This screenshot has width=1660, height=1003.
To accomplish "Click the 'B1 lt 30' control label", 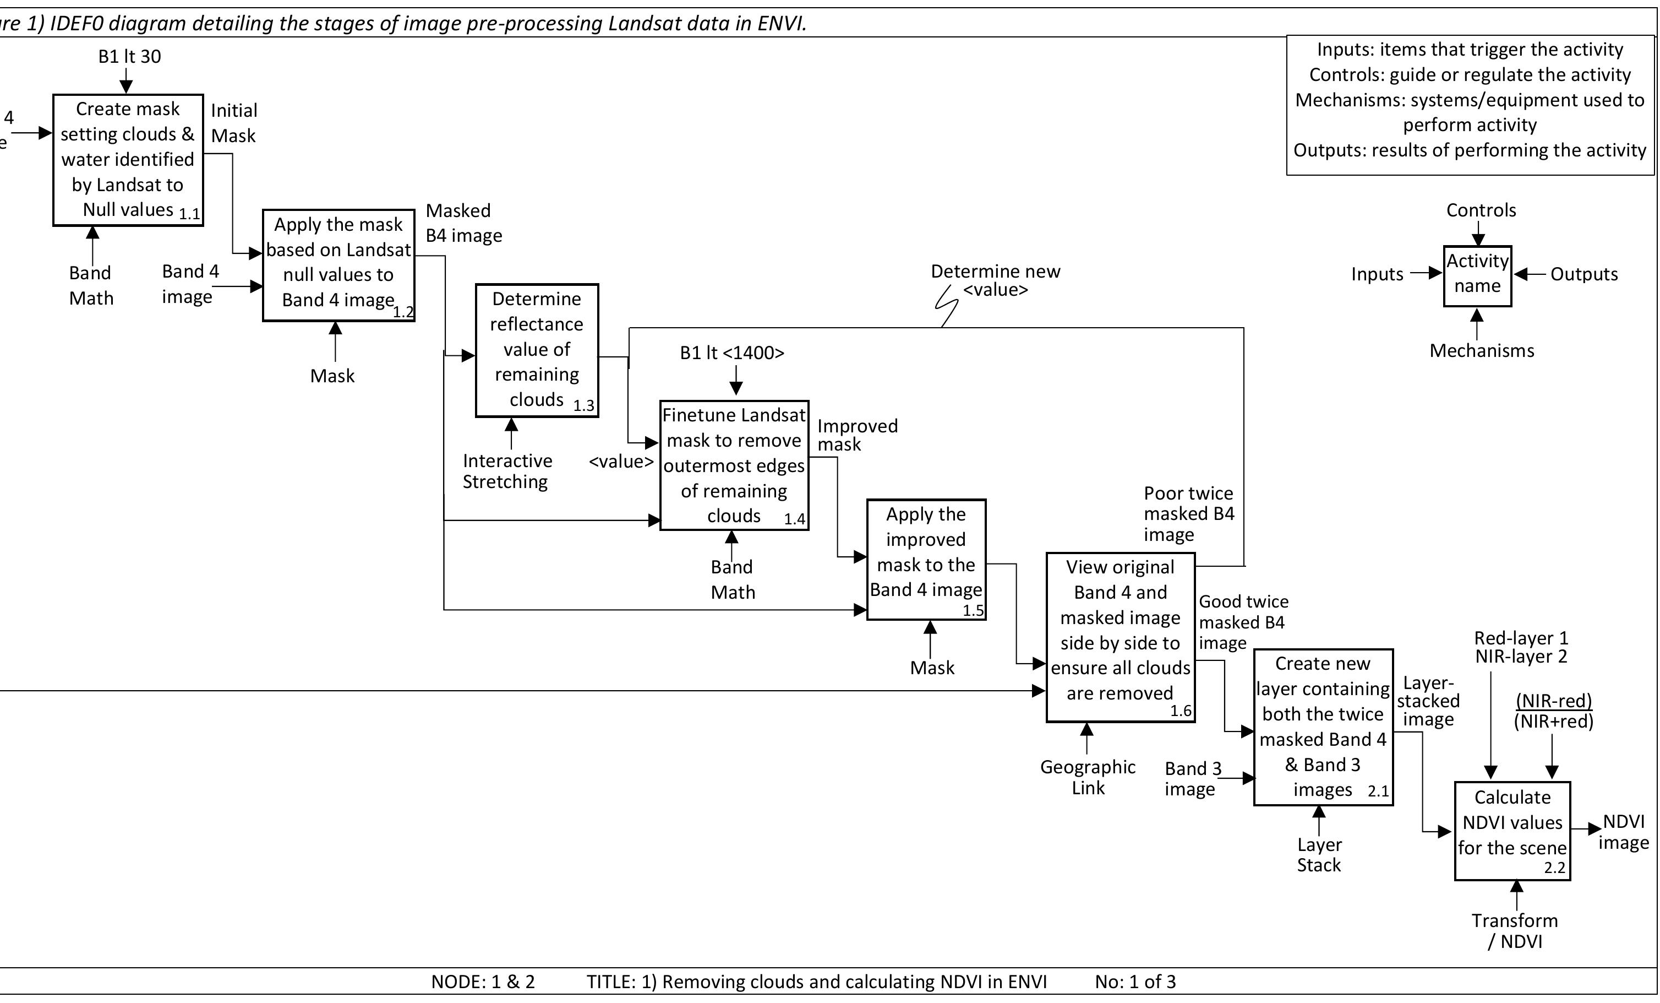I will tap(129, 57).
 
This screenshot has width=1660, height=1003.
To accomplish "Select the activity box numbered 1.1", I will tap(128, 160).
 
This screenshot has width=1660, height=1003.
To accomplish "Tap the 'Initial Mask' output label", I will tap(233, 123).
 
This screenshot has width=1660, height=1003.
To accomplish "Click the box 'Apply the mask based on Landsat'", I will tap(338, 265).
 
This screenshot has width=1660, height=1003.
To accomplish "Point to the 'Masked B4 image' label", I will tap(463, 223).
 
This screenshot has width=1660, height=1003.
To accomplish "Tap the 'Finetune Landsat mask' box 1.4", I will tap(734, 465).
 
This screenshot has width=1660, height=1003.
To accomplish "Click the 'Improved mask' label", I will tap(857, 435).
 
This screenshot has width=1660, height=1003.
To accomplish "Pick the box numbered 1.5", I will tap(926, 559).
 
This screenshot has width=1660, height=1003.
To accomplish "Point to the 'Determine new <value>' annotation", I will tap(995, 280).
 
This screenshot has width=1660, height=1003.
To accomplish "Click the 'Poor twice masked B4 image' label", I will tap(1188, 514).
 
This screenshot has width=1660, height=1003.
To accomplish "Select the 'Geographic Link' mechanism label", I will tap(1088, 777).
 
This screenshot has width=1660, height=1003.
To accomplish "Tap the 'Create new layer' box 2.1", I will tap(1323, 727).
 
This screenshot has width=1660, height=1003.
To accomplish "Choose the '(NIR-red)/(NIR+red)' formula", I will tap(1554, 711).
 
